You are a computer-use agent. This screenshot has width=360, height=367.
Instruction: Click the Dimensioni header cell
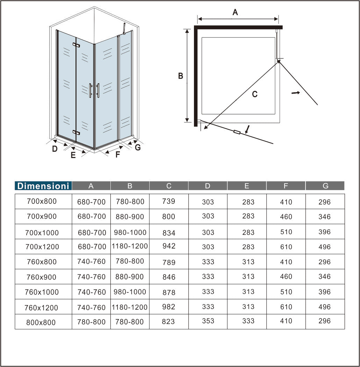click(43, 186)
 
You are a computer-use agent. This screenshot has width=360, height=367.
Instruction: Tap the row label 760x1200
click(41, 308)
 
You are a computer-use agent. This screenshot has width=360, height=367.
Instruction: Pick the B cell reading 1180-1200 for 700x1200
click(130, 246)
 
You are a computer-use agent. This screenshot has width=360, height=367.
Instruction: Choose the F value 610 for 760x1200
click(286, 307)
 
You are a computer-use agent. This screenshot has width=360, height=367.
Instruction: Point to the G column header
click(325, 186)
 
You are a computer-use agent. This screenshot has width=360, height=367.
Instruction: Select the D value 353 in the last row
click(208, 321)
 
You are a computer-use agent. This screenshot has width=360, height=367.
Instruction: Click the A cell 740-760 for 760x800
click(92, 261)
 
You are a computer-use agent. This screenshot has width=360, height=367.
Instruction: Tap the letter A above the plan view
click(235, 13)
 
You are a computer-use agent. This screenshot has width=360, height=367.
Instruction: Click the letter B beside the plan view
click(181, 76)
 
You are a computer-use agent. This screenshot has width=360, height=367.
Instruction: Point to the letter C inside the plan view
click(255, 94)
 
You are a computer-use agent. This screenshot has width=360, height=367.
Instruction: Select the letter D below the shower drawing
click(55, 149)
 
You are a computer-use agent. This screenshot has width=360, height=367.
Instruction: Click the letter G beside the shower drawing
click(138, 147)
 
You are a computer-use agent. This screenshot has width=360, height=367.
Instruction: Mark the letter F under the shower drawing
click(118, 154)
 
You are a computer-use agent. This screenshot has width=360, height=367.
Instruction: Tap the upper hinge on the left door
click(76, 45)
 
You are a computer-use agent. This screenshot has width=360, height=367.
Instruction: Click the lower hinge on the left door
click(76, 132)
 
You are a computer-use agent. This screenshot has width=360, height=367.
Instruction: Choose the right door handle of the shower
click(98, 90)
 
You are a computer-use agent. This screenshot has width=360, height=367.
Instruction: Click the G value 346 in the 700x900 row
click(324, 217)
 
